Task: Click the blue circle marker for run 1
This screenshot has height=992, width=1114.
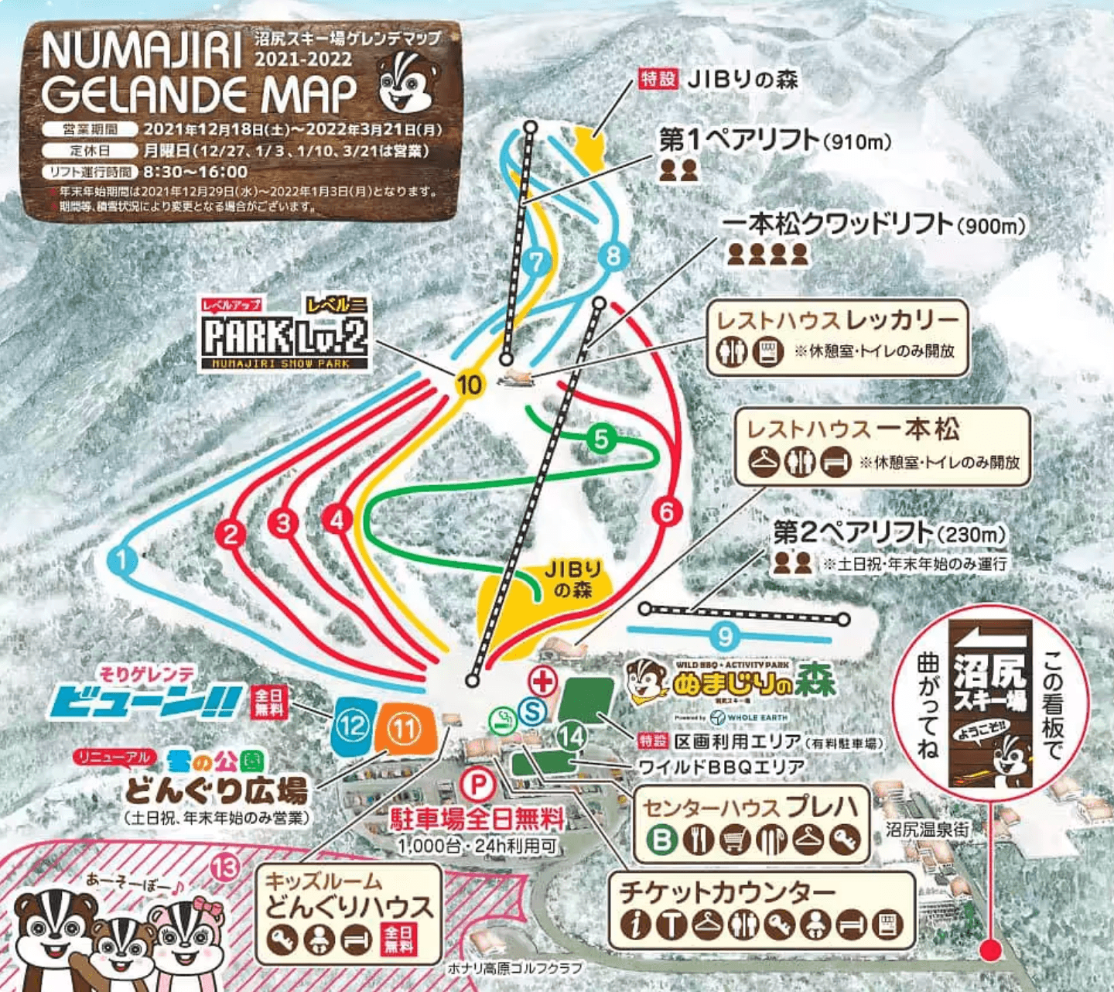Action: pos(123,559)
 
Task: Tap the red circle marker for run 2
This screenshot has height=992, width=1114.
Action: pos(230,534)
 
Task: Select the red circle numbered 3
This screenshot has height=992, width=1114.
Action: pos(283,523)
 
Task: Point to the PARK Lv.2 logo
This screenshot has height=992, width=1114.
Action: pos(284,334)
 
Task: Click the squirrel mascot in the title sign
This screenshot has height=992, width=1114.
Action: pos(408,84)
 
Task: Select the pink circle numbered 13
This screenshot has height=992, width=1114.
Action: pos(225,868)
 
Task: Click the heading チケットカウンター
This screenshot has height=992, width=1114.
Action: pos(727,892)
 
